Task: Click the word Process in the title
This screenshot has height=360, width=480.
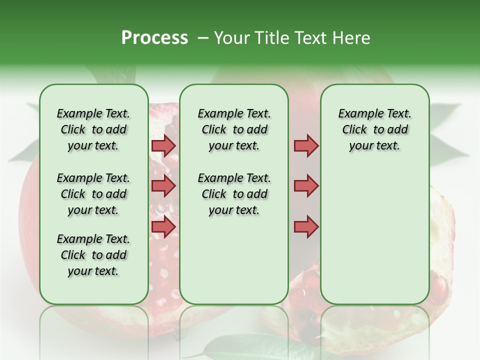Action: point(154,38)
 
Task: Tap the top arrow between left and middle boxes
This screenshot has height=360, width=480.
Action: point(163,145)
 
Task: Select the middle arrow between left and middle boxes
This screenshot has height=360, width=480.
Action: point(163,186)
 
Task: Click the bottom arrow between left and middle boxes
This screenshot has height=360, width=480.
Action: point(163,226)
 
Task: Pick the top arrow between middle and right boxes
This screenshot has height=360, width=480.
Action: point(306,145)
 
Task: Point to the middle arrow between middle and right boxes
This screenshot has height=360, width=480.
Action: point(306,186)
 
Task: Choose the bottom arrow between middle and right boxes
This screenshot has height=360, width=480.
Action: point(306,226)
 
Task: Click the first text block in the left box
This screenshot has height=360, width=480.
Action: point(93,129)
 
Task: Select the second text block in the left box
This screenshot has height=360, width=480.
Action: point(93,194)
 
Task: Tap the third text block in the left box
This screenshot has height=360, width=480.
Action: point(93,255)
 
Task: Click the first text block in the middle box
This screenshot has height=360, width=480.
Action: point(234,129)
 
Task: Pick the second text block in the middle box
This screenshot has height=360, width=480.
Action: point(234,194)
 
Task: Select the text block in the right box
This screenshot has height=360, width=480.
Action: point(374,129)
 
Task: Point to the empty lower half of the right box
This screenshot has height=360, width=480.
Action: point(374,240)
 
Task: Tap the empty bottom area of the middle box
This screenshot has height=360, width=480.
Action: point(234,265)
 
